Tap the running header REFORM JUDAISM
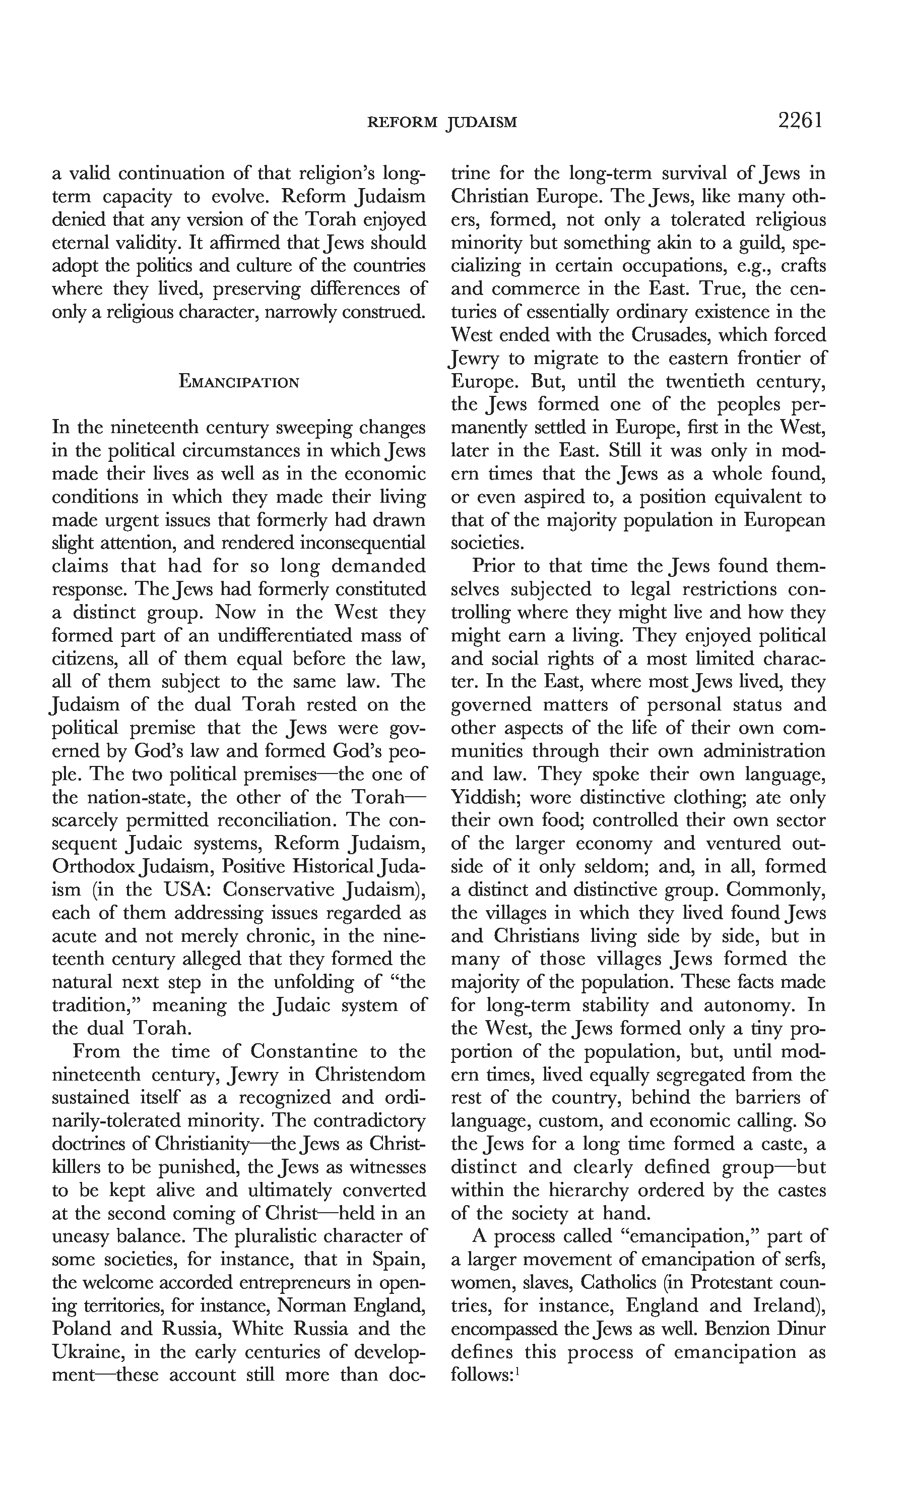click(442, 123)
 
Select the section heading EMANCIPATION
click(239, 383)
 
